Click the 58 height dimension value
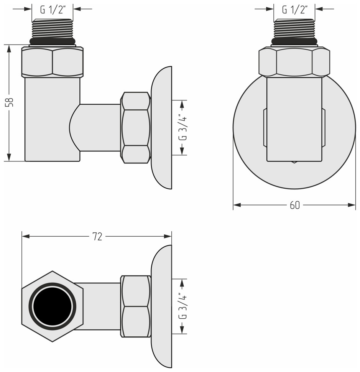point(11,102)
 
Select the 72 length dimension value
point(97,237)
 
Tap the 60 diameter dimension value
point(294,205)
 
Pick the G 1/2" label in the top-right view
point(294,9)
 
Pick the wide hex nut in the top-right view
point(294,62)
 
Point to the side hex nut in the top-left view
point(135,128)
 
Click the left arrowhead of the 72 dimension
point(25,237)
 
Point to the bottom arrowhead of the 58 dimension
point(9,158)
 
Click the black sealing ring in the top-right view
point(294,42)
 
